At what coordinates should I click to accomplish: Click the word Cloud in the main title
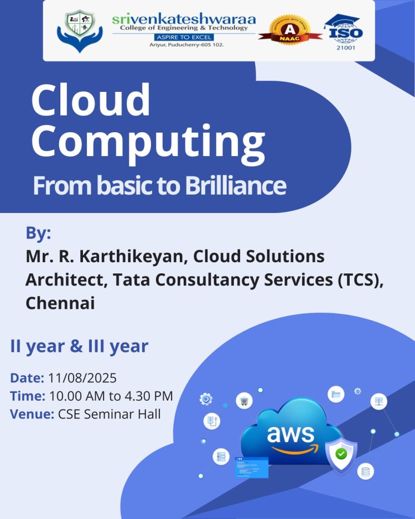[x=91, y=101]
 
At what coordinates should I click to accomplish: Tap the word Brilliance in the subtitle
[x=232, y=185]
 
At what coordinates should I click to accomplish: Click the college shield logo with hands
[x=80, y=31]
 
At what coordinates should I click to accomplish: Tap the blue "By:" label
[x=38, y=233]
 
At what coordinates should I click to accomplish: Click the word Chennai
[x=60, y=303]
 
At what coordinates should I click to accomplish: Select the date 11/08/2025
[x=82, y=378]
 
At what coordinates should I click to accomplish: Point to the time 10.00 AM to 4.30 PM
[x=111, y=396]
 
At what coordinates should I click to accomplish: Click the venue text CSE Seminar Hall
[x=110, y=414]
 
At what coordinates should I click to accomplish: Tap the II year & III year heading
[x=79, y=347]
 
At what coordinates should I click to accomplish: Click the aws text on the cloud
[x=290, y=434]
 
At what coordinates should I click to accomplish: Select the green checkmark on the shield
[x=341, y=453]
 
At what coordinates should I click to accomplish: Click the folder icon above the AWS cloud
[x=335, y=395]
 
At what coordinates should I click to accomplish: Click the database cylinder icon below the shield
[x=365, y=471]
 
